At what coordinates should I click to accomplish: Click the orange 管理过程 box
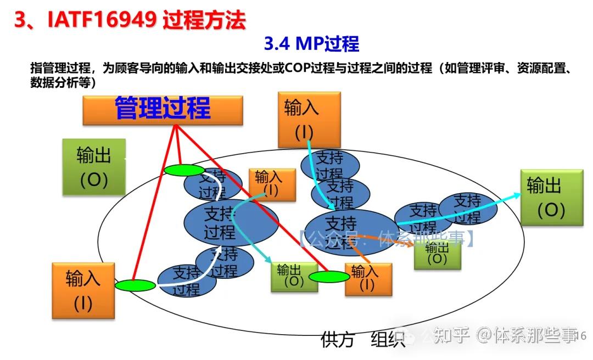tap(163, 110)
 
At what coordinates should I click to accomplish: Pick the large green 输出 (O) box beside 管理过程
tap(93, 167)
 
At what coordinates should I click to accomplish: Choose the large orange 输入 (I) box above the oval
tap(309, 119)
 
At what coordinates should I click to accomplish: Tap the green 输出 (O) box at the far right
tap(551, 197)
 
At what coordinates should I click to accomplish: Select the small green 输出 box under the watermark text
tap(437, 254)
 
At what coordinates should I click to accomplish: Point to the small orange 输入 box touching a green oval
tap(368, 279)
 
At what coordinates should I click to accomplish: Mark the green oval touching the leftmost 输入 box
tap(135, 285)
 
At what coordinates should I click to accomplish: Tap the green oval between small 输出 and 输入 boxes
tap(329, 277)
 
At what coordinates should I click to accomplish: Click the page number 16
tap(583, 335)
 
